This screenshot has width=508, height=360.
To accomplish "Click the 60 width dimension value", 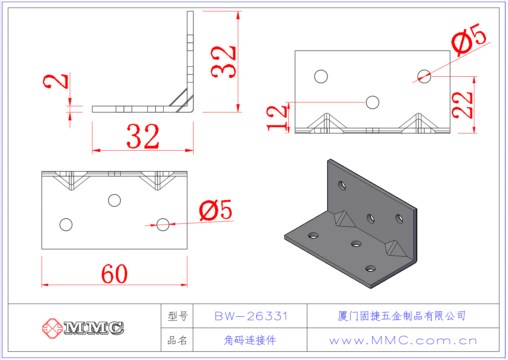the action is coord(114,274).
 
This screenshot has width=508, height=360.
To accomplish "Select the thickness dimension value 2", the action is coord(56,81).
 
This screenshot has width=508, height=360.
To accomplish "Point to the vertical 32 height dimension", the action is coord(223,62).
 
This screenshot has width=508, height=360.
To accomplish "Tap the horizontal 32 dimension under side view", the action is coord(143,136).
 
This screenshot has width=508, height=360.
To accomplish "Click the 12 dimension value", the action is coord(276,118).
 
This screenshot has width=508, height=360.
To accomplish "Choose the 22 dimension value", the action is coord(462,105).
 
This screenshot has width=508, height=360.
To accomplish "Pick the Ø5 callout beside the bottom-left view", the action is coord(216,210).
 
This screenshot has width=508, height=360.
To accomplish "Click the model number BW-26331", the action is coord(251,316).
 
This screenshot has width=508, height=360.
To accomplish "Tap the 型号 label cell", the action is coord(177,316).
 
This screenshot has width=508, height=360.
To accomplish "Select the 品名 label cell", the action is coord(177,340).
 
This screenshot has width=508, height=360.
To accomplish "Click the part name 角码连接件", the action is coord(250,340).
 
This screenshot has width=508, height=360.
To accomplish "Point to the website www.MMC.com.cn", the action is coord(403,340).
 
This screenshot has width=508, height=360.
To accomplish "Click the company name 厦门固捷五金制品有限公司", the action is coord(402,316).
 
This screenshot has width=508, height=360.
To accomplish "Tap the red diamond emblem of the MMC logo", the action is coord(52,328).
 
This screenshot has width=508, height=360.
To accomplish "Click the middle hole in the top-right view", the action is coord(372,102).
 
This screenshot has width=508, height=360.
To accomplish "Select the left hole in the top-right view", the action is coord(321,76).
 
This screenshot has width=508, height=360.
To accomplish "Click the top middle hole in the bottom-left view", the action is coord(114,200).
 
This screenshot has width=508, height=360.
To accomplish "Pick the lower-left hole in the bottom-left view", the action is coord(66,225).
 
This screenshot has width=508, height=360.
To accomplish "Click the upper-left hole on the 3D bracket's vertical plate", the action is coord(342,186).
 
